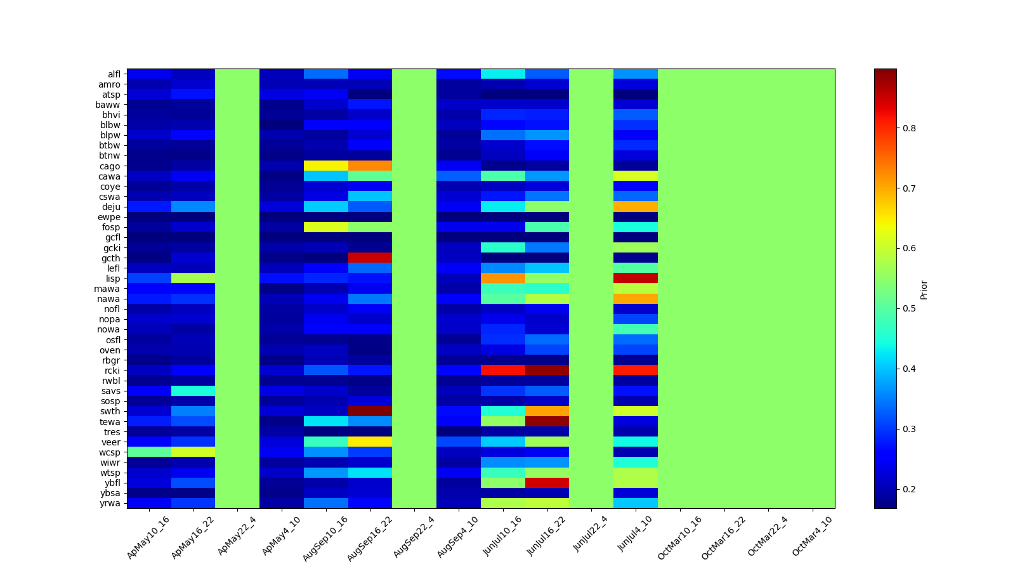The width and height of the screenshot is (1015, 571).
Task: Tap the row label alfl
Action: click(x=114, y=74)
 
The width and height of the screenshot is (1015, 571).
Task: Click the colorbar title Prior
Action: click(x=924, y=289)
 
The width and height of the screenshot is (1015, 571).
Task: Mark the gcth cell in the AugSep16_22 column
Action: click(x=370, y=258)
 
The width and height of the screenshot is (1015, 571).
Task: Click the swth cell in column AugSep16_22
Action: click(x=370, y=411)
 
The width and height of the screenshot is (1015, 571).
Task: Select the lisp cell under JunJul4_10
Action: click(x=636, y=279)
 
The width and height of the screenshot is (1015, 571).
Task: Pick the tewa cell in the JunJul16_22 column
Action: click(x=547, y=421)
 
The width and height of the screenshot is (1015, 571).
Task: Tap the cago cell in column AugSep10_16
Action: click(x=326, y=166)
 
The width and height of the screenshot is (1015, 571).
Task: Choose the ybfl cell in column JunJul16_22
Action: click(x=547, y=483)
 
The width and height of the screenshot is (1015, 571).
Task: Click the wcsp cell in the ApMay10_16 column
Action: click(x=149, y=452)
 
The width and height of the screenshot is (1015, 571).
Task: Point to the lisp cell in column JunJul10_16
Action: click(x=503, y=279)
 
